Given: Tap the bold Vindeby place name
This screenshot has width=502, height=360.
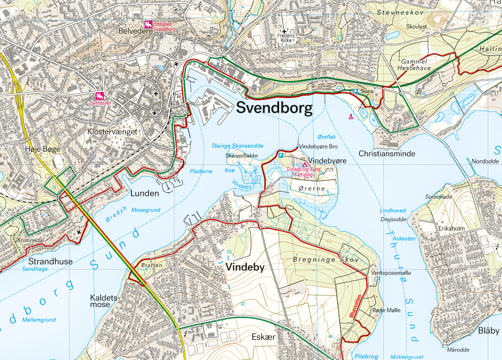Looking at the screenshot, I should pyautogui.click(x=245, y=267).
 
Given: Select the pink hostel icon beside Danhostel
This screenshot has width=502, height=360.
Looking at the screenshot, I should pyautogui.click(x=100, y=96).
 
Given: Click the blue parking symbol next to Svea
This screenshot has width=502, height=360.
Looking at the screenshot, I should pyautogui.click(x=355, y=92).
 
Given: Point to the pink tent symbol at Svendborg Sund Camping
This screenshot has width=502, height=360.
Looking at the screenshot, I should pyautogui.click(x=304, y=164).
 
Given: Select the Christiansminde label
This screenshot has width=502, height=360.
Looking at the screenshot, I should pyautogui.click(x=387, y=154).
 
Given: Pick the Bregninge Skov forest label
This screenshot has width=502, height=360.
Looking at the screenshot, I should pyautogui.click(x=325, y=259).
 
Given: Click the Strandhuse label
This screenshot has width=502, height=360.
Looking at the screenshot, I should pyautogui.click(x=50, y=261).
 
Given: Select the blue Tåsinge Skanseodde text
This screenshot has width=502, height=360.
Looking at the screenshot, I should pyautogui.click(x=237, y=146).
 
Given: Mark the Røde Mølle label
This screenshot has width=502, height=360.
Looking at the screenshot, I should pyautogui.click(x=386, y=310).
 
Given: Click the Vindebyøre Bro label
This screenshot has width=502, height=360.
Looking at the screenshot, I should pyautogui.click(x=319, y=146).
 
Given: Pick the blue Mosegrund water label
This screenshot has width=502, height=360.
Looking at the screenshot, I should pyautogui.click(x=145, y=210).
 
